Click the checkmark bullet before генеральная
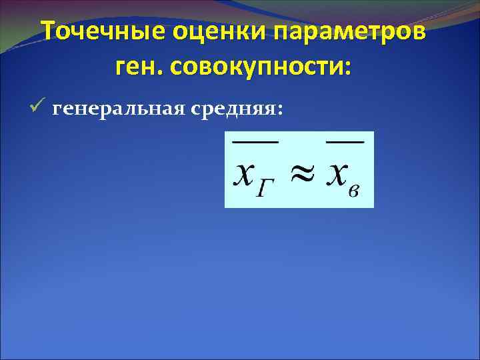(x=37, y=107)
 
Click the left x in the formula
(x=243, y=175)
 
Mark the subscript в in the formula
(x=355, y=192)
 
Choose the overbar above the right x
(x=344, y=141)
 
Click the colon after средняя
(x=279, y=109)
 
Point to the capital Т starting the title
(x=48, y=31)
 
